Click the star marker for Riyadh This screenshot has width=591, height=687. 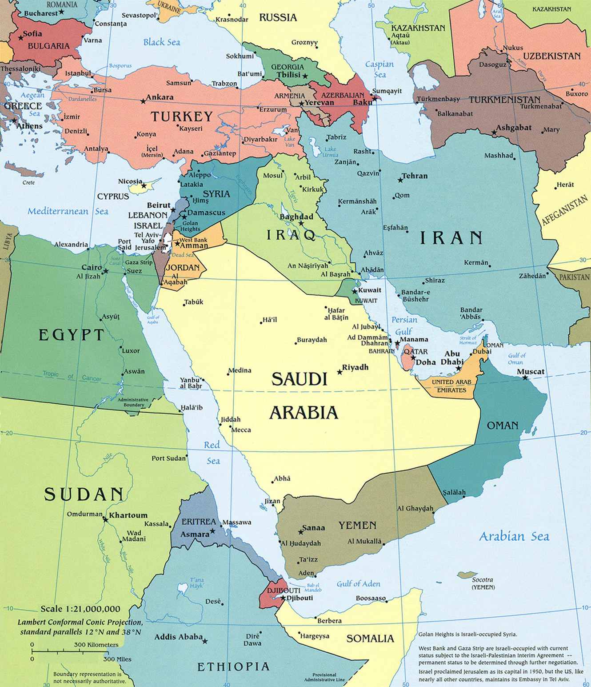pos(340,372)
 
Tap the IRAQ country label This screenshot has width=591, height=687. pos(291,235)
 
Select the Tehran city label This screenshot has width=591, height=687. pos(414,176)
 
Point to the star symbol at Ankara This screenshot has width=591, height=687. pos(143,101)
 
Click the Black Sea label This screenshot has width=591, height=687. pos(161,42)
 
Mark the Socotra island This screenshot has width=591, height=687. pos(467,575)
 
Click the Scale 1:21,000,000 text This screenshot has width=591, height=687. pos(80,609)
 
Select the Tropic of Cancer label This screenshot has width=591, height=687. pos(72,376)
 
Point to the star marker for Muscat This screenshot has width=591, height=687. pos(525,378)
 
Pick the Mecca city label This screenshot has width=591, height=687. pos(241,430)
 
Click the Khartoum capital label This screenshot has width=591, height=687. pos(128,515)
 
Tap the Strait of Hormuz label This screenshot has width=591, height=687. pos(468,340)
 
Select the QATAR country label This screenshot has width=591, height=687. pos(415,352)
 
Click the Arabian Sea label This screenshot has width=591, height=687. pos(514,537)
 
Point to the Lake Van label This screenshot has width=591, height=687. pos(289,142)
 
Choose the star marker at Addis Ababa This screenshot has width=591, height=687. pos(205,641)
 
